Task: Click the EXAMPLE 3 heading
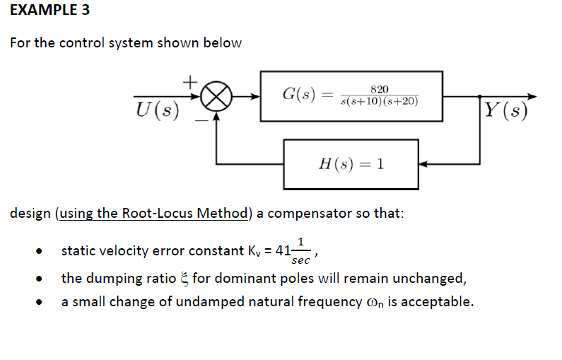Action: coord(49,11)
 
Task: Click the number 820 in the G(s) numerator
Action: coord(380,88)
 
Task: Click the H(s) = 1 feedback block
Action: coord(351,164)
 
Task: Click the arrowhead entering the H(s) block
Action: coord(424,164)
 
